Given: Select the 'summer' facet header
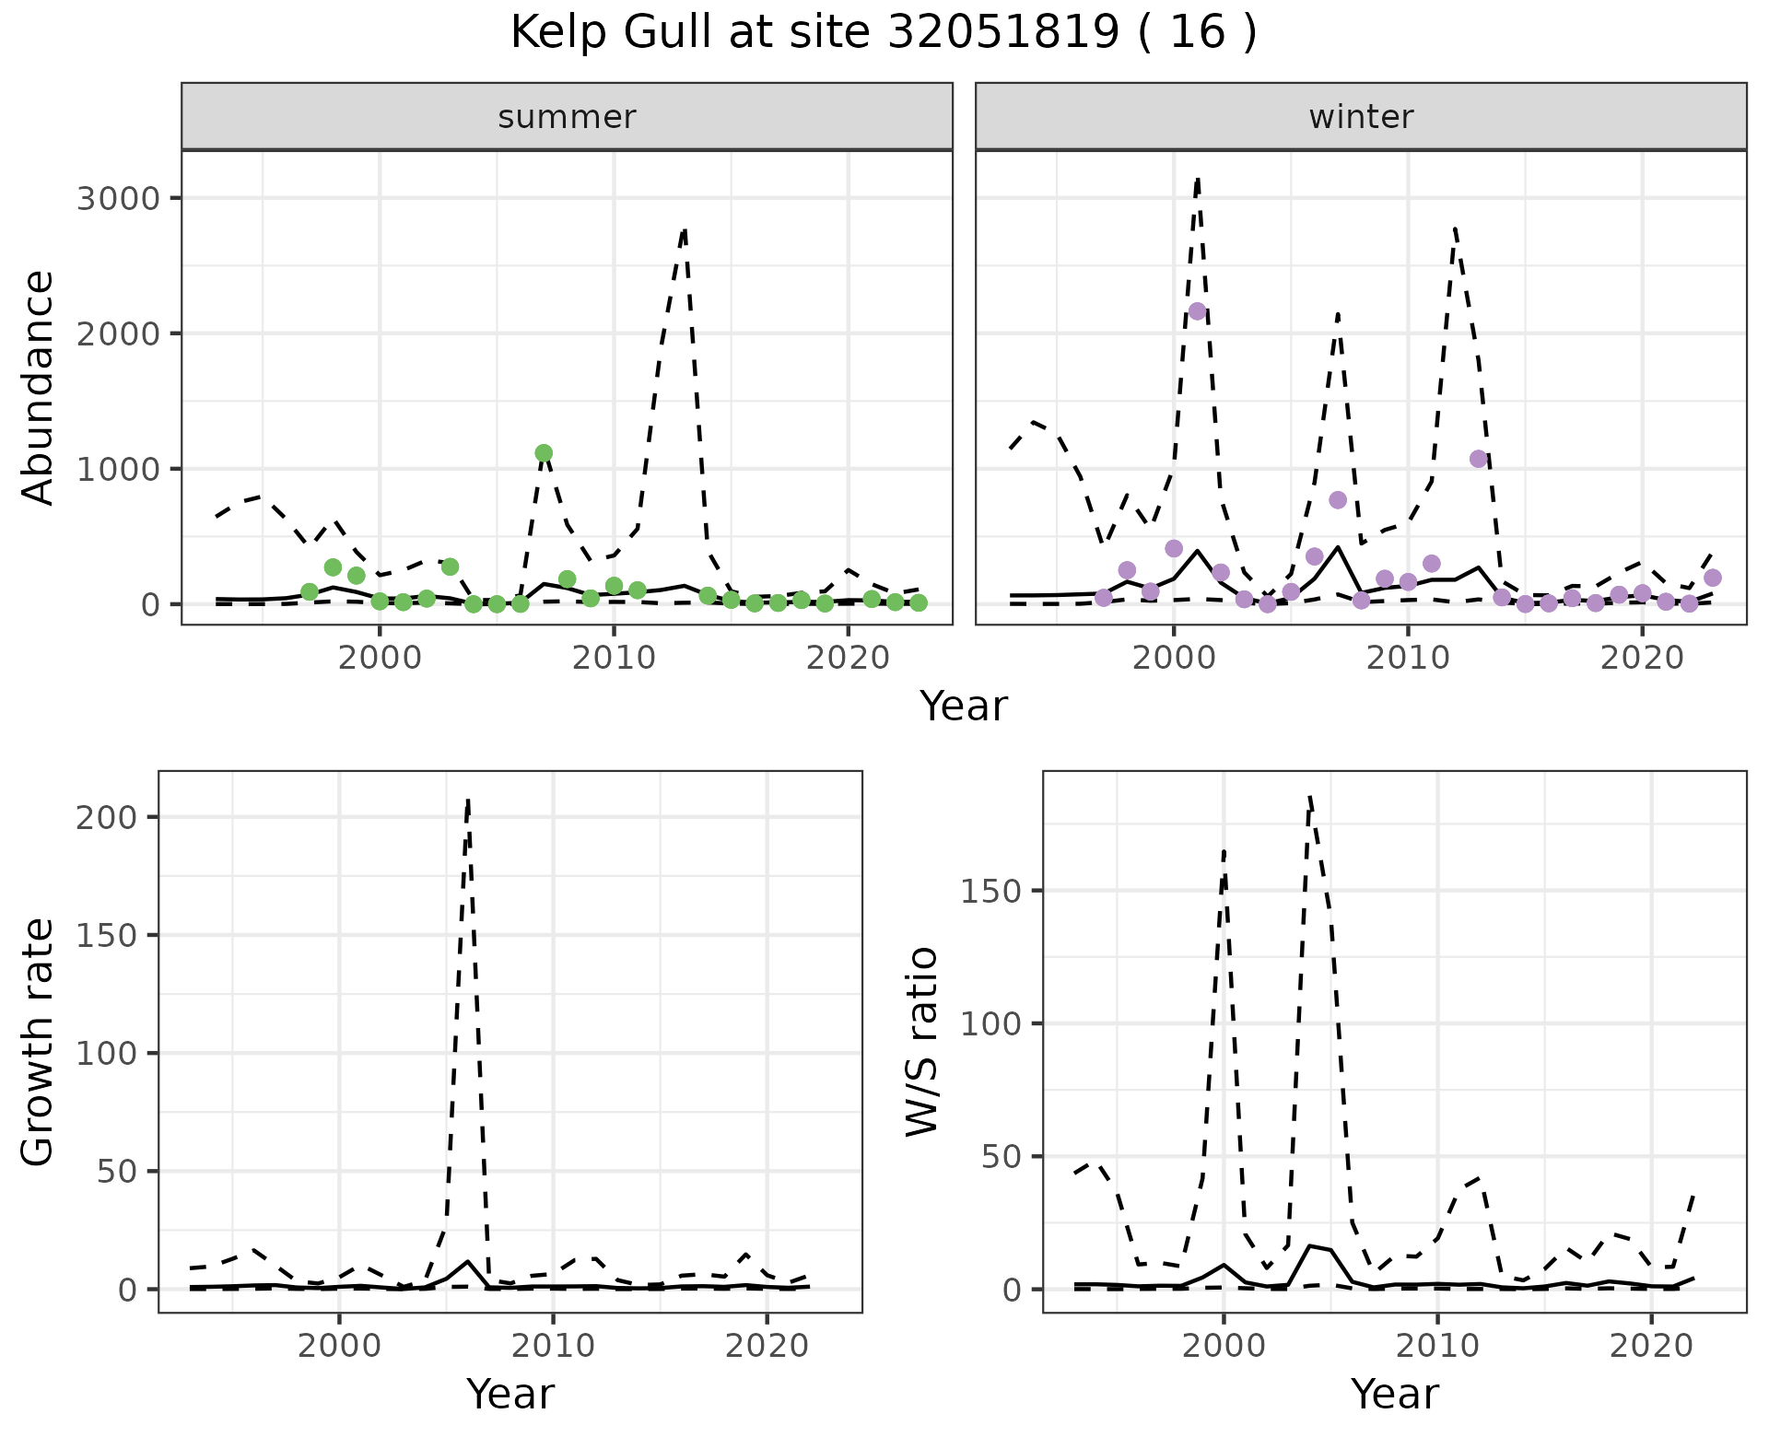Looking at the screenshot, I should click(x=567, y=117).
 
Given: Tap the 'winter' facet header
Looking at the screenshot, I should click(x=1361, y=117).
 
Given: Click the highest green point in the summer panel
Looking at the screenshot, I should click(x=544, y=453).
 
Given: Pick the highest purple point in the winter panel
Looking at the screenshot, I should click(x=1197, y=311).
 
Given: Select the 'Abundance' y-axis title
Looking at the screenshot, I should click(x=39, y=387).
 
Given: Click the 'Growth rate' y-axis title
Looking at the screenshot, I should click(x=39, y=1041).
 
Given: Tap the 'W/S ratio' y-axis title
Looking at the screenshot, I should click(x=922, y=1041).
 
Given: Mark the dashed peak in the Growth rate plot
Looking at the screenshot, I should click(x=468, y=800).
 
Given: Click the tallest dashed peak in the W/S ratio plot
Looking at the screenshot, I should click(x=1309, y=796).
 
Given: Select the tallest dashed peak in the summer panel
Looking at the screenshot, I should click(x=685, y=229).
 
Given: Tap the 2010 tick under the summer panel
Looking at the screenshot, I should click(x=614, y=659).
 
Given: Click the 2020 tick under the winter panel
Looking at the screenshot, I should click(x=1642, y=659).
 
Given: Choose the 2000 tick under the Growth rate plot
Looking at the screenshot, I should click(x=339, y=1346).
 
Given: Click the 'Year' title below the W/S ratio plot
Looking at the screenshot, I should click(x=1394, y=1395).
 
